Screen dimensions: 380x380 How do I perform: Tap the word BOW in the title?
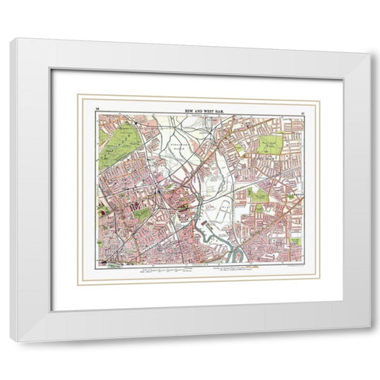pyautogui.click(x=184, y=106)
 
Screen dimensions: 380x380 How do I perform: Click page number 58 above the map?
pyautogui.click(x=97, y=107)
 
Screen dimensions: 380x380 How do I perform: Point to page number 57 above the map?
pyautogui.click(x=302, y=107)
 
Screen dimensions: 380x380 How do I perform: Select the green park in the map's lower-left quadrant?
pyautogui.click(x=142, y=213)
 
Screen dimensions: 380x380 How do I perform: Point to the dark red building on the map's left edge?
pyautogui.click(x=101, y=210)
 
